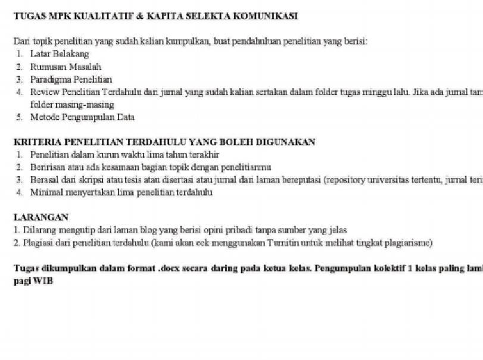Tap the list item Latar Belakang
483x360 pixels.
coord(60,54)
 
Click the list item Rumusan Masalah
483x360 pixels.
coord(66,67)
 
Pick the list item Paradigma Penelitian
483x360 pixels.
coord(71,79)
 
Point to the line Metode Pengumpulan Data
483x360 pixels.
coord(82,117)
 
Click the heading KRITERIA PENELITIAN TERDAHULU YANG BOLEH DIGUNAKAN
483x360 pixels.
coord(164,142)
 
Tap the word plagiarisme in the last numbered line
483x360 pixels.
coord(411,243)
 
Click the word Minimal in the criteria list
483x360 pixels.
coord(46,193)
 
